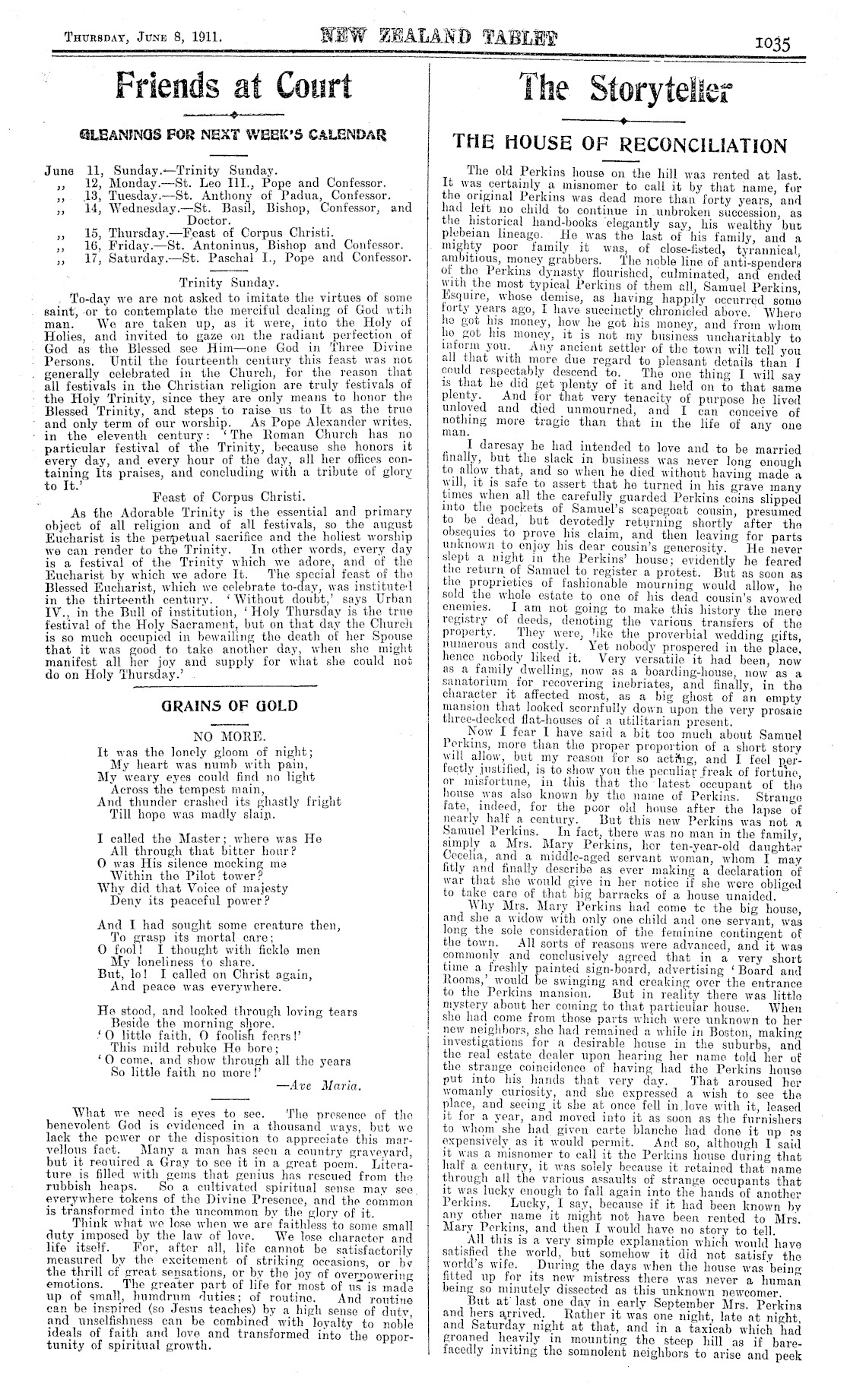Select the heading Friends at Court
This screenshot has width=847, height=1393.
pyautogui.click(x=233, y=84)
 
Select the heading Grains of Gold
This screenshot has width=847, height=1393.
pyautogui.click(x=229, y=705)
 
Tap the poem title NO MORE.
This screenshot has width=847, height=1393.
pyautogui.click(x=229, y=736)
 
